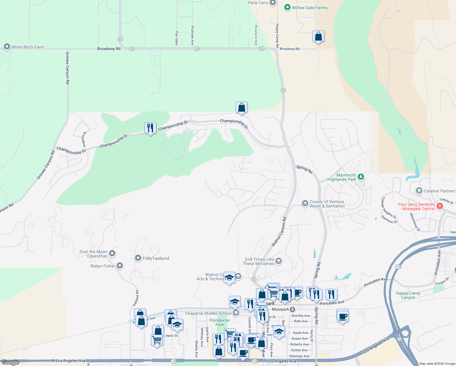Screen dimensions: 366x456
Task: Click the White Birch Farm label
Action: (x=28, y=47)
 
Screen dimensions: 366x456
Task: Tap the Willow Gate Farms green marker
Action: (x=287, y=8)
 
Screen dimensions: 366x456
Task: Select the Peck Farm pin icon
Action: (x=273, y=3)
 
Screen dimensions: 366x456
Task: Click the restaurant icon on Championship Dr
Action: (x=150, y=128)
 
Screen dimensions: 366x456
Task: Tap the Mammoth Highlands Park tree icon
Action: (x=361, y=177)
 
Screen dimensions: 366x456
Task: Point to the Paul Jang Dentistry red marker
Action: (x=440, y=206)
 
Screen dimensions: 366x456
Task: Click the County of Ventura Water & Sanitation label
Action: (x=327, y=204)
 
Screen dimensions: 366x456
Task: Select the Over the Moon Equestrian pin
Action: (x=112, y=253)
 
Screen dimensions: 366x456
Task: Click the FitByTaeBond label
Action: (x=156, y=258)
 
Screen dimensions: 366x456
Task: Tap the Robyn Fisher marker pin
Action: (x=120, y=266)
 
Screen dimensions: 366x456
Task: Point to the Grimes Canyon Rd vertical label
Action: (x=68, y=68)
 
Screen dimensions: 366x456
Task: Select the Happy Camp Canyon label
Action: (x=408, y=295)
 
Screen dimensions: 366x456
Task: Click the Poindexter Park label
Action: (x=219, y=322)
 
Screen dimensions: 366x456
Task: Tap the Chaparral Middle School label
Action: (x=208, y=313)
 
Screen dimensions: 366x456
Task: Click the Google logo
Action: (x=10, y=362)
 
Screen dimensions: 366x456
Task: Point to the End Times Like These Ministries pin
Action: (x=279, y=261)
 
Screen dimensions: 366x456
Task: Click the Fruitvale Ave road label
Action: (x=192, y=36)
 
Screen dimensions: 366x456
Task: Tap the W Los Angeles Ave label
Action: (x=68, y=361)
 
